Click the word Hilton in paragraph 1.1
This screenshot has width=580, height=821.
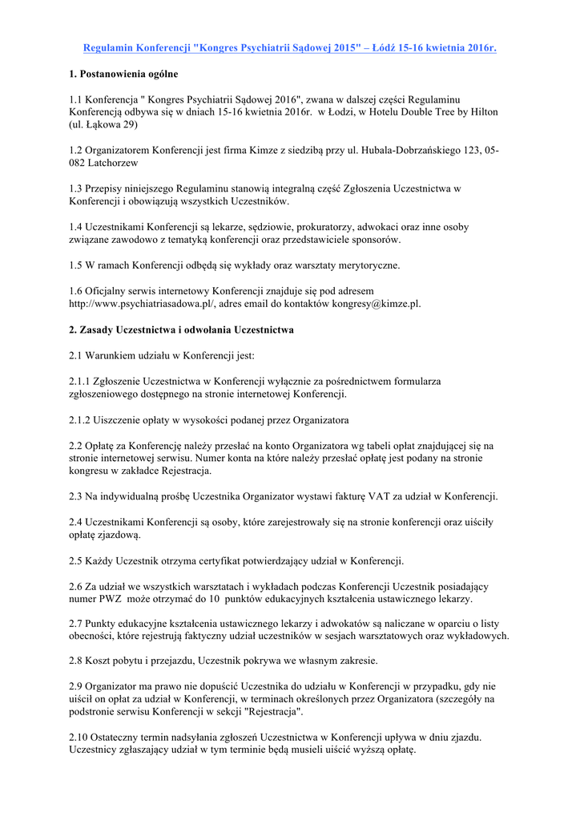[x=483, y=111]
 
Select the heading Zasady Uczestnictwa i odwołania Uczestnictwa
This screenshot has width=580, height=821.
[x=181, y=330]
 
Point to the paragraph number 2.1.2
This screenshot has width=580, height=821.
[x=82, y=419]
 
